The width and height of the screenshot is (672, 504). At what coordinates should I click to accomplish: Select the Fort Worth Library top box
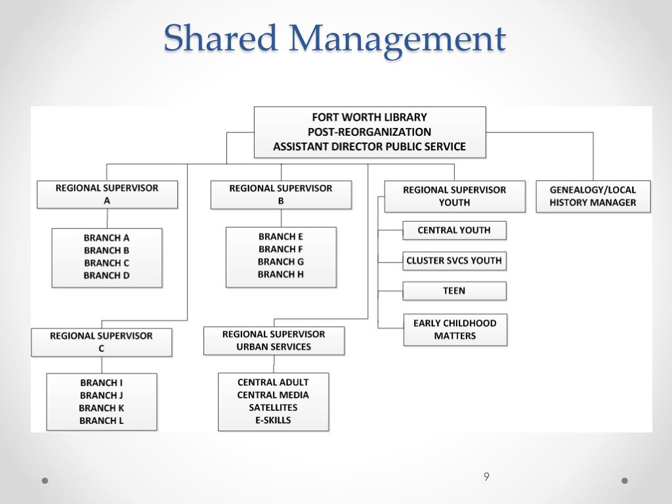pos(369,132)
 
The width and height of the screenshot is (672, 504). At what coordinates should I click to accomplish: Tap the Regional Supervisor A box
pos(107,194)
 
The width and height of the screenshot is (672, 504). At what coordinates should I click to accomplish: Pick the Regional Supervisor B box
pos(281,194)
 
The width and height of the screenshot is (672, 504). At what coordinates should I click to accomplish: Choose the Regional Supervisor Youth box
pos(455,196)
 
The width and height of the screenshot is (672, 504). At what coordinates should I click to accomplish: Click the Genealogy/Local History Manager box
pos(593,196)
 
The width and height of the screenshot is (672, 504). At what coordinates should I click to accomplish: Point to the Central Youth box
pos(454,230)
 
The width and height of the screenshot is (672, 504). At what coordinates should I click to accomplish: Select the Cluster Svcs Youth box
pos(454,261)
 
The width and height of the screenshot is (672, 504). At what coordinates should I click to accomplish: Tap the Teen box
pos(454,291)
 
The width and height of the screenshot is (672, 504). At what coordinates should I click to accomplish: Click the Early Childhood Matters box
pos(455,329)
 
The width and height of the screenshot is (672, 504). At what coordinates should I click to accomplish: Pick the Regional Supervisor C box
pos(101,342)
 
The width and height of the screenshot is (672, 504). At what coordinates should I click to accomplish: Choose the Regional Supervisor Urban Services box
pos(274,341)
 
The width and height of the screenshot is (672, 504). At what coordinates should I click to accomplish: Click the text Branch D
pos(106,276)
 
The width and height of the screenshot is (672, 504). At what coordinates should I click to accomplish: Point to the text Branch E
pos(281,236)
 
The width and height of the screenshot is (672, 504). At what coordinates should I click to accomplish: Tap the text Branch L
pos(102,421)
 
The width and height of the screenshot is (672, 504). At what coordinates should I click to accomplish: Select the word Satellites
pos(273,408)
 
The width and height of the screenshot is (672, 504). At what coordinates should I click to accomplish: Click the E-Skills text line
pos(273,420)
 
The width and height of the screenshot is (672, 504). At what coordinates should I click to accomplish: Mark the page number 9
pos(486,477)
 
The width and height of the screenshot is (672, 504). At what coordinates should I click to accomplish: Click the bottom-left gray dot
pos(45,480)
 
